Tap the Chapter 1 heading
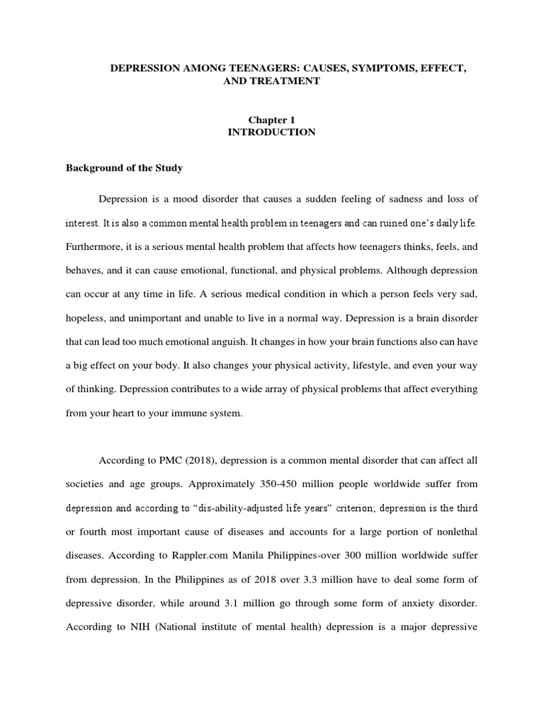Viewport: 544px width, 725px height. coord(271,120)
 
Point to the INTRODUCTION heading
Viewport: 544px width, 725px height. coord(271,132)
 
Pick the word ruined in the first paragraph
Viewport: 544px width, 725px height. coord(371,224)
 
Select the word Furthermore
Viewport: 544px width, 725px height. coord(95,247)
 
